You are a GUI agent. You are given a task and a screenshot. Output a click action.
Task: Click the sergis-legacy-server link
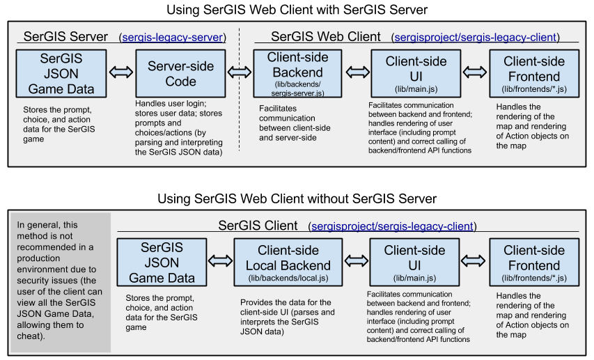pyautogui.click(x=173, y=38)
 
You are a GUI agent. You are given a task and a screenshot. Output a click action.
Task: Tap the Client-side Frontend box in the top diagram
pyautogui.click(x=534, y=72)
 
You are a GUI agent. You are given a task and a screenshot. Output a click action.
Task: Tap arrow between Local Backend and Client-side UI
pyautogui.click(x=355, y=260)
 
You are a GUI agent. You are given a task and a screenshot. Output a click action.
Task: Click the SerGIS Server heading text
pyautogui.click(x=65, y=37)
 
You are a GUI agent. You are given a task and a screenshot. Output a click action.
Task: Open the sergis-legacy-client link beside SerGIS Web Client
pyautogui.click(x=476, y=38)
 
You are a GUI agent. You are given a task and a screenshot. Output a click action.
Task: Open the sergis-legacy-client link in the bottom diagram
pyautogui.click(x=393, y=226)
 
